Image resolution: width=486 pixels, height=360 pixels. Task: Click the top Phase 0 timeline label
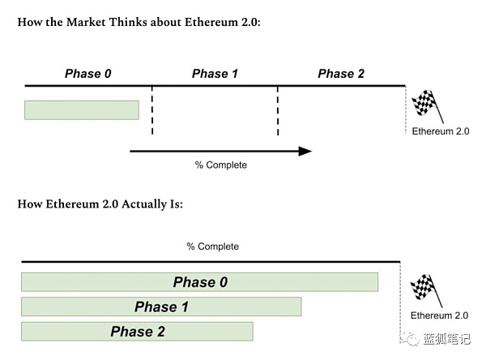point(88,74)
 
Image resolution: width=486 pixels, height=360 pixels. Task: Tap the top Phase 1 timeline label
point(215,74)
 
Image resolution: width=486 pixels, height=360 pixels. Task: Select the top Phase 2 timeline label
point(341,74)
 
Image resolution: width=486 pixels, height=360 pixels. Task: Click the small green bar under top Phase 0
point(82,109)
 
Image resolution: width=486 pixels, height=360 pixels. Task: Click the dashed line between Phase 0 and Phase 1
point(151,109)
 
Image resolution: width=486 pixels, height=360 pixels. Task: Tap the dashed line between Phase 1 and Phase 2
point(278,109)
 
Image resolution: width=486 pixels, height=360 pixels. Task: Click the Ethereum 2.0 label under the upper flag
point(441,131)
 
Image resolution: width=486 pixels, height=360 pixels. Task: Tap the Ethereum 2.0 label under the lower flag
point(439,315)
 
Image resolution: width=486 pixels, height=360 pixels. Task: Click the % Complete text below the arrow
point(221,165)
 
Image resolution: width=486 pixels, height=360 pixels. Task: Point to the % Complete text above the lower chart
point(213,246)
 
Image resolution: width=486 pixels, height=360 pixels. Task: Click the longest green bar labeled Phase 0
point(199,282)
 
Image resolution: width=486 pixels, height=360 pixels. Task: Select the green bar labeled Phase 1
point(161,306)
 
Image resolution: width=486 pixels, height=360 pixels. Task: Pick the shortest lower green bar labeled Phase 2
point(137,331)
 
